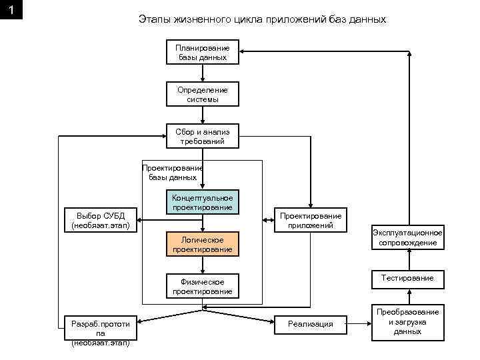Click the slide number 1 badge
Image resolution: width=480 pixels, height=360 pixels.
pyautogui.click(x=12, y=11)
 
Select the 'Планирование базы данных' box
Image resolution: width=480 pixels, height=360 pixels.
pyautogui.click(x=202, y=53)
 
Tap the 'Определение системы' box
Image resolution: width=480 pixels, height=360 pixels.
pyautogui.click(x=202, y=95)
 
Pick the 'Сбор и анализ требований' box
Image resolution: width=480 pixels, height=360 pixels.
pyautogui.click(x=202, y=137)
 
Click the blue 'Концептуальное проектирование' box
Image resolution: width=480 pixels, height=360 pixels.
pyautogui.click(x=202, y=203)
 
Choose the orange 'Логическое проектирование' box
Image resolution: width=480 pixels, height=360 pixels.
pyautogui.click(x=202, y=245)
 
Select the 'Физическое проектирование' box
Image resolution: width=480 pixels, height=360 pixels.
pyautogui.click(x=202, y=287)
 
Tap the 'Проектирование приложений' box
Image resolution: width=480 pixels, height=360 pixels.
pyautogui.click(x=310, y=221)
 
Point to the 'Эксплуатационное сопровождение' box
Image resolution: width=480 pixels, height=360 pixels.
pyautogui.click(x=408, y=237)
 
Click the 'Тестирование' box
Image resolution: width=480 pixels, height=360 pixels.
pyautogui.click(x=407, y=278)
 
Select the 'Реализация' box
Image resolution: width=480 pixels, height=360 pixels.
pyautogui.click(x=310, y=324)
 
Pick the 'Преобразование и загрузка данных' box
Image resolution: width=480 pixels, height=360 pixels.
pyautogui.click(x=407, y=321)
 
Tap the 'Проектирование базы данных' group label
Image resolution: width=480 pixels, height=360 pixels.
pyautogui.click(x=172, y=173)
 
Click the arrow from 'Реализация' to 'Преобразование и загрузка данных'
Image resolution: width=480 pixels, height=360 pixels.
pyautogui.click(x=359, y=324)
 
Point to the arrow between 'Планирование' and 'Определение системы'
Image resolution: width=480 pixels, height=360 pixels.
pyautogui.click(x=202, y=73)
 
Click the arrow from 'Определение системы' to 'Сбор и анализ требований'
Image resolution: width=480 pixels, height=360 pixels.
pyautogui.click(x=202, y=115)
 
